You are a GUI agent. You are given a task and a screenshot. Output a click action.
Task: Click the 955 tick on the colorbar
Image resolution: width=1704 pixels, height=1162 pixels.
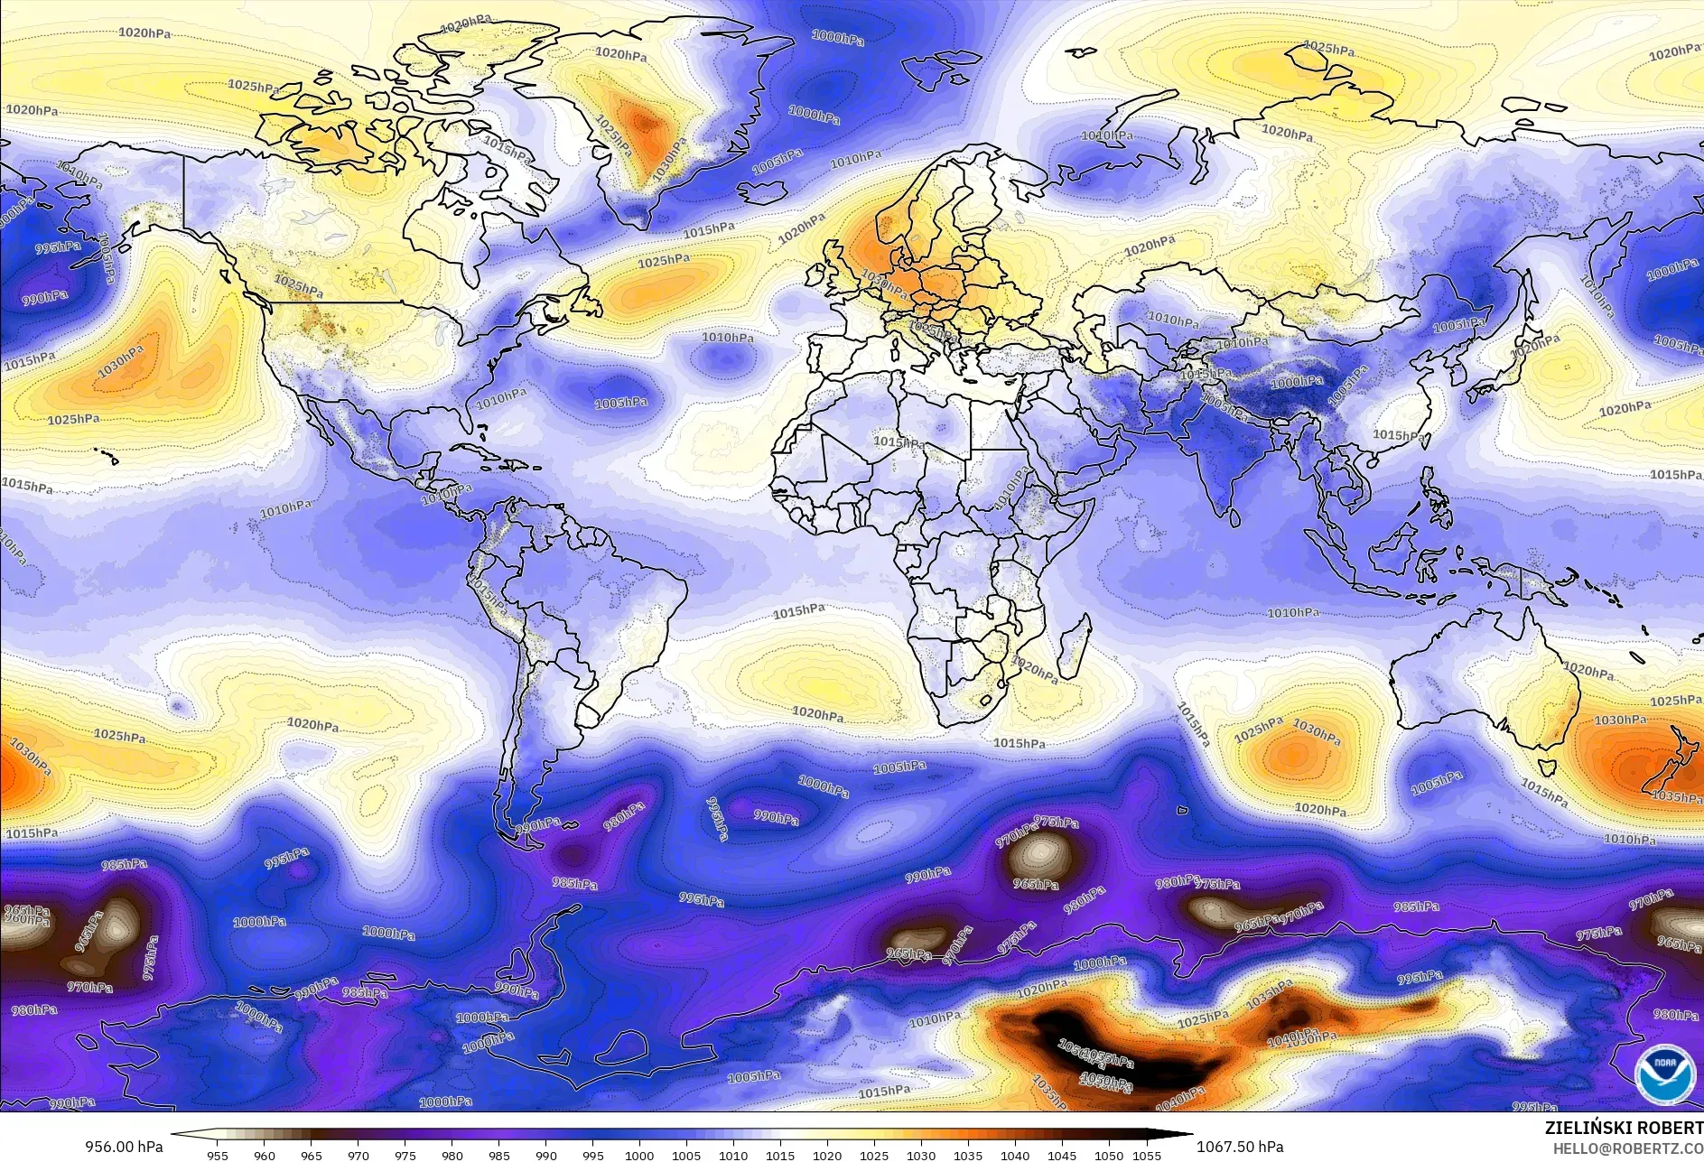[x=218, y=1155]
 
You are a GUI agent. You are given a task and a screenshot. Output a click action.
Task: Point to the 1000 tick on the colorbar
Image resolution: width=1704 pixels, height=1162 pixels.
[x=639, y=1155]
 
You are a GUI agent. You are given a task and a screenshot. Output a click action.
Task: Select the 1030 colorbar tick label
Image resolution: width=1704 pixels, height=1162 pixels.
[x=920, y=1155]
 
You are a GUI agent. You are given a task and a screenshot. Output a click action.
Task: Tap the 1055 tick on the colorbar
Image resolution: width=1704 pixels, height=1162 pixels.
[x=1147, y=1155]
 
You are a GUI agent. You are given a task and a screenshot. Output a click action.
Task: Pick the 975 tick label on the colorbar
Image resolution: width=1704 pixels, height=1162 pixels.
[x=405, y=1155]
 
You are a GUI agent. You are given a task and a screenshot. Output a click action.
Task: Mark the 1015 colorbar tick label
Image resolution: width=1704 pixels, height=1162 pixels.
[x=780, y=1155]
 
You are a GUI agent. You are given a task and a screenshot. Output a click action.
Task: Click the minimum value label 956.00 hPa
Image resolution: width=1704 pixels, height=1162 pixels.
[x=125, y=1147]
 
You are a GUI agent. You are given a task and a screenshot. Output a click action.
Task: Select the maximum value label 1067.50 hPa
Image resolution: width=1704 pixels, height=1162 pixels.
[x=1240, y=1147]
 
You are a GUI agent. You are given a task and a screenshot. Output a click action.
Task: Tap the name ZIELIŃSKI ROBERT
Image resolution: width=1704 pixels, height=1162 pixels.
[x=1623, y=1128]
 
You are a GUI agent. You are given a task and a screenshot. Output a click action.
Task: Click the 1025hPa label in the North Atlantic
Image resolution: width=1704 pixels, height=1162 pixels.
[x=664, y=262]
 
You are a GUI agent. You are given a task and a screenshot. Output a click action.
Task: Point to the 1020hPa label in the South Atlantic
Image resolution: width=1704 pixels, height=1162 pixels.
[x=818, y=713]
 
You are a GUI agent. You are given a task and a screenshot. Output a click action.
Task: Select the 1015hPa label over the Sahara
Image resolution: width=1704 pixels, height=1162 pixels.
[x=899, y=442]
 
